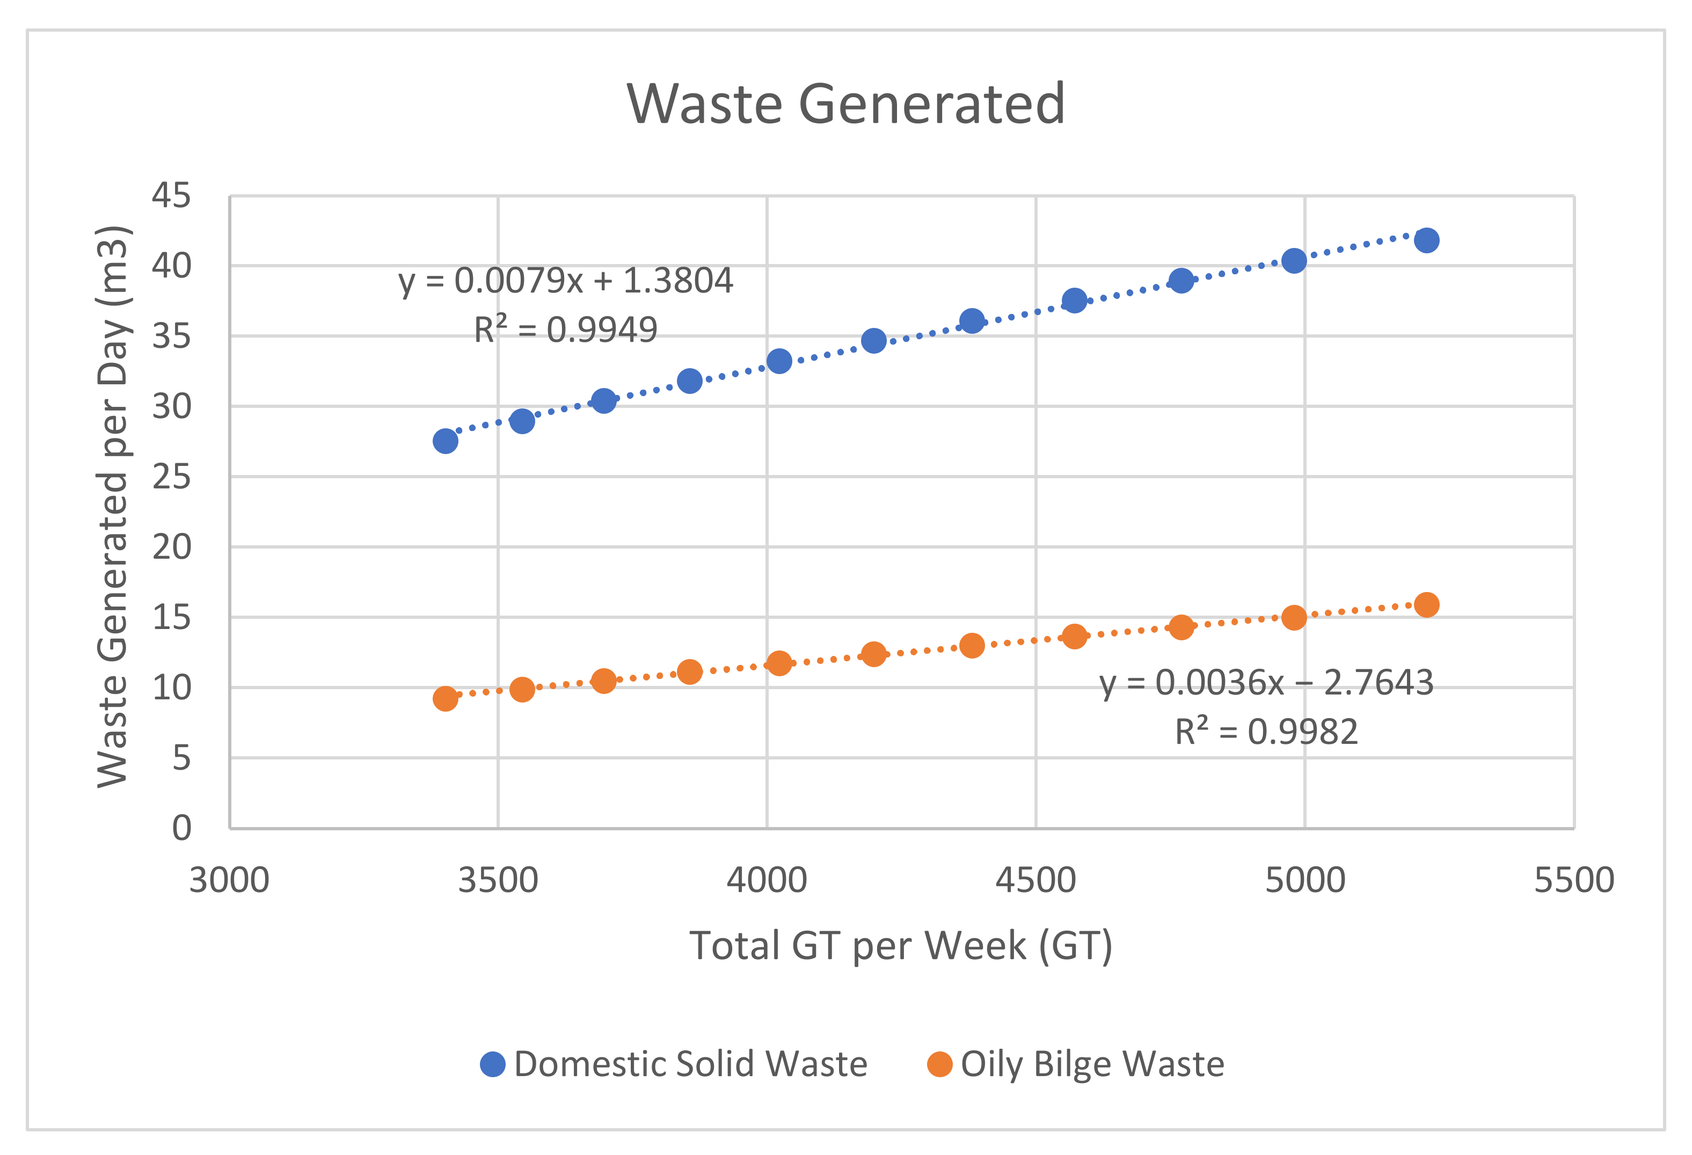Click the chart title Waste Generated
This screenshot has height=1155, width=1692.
(x=846, y=104)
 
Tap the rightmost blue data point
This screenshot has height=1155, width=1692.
(x=1426, y=240)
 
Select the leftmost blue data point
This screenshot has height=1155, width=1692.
(x=445, y=441)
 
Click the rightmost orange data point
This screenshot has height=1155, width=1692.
(x=1426, y=605)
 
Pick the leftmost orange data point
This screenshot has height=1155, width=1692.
(x=445, y=699)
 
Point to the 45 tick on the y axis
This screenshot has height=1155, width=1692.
(x=171, y=196)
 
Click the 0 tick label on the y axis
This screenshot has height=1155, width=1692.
(x=181, y=828)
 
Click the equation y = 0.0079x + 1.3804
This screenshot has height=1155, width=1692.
(x=566, y=281)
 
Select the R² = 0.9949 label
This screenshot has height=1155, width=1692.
(x=566, y=330)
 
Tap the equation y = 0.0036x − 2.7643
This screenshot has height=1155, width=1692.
(x=1266, y=683)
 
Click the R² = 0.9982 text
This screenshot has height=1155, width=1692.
(x=1266, y=732)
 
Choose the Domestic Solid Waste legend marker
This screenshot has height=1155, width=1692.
(x=493, y=1064)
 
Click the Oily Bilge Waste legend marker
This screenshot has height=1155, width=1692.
(x=939, y=1064)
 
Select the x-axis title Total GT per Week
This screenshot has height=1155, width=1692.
(x=901, y=946)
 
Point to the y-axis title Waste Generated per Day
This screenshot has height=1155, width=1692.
(x=113, y=507)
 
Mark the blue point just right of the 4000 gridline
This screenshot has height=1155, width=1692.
(x=779, y=361)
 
